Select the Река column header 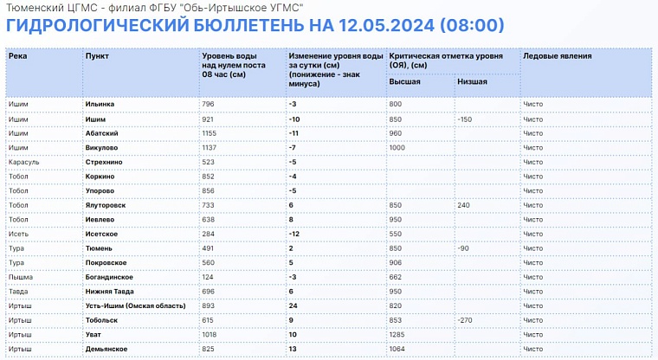point(18,55)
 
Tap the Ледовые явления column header point(558,55)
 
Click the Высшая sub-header point(405,82)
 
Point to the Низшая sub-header point(473,82)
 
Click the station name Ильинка point(100,104)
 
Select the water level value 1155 point(211,133)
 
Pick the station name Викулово point(102,147)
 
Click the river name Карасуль point(23,162)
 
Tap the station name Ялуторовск point(106,205)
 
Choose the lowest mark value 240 point(465,205)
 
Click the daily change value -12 point(294,234)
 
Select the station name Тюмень point(99,247)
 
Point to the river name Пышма point(20,276)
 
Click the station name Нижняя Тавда point(110,291)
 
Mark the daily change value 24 point(294,305)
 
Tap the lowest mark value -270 point(466,319)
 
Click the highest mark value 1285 point(399,334)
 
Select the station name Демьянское point(107,348)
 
